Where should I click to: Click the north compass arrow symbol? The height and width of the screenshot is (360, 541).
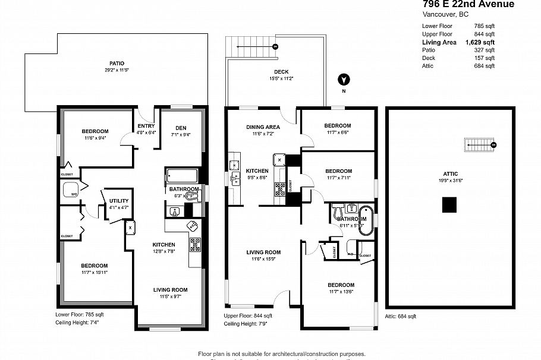point(342,80)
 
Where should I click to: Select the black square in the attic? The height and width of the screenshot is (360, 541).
point(449,204)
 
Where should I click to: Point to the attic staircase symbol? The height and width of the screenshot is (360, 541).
point(480,144)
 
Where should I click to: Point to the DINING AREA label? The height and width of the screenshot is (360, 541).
point(263,127)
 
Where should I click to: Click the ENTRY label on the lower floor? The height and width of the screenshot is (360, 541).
point(146,126)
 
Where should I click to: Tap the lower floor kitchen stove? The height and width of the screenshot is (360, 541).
point(194,243)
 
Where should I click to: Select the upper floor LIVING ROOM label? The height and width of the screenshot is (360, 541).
point(263,252)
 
